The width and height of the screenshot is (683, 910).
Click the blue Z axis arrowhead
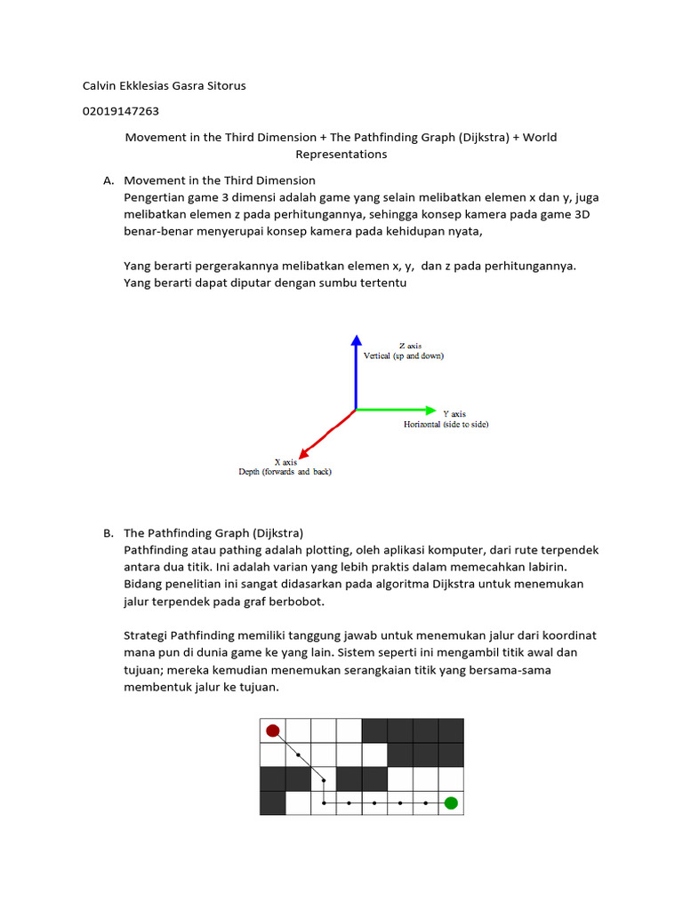pyautogui.click(x=356, y=340)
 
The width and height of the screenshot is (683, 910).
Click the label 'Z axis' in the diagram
pyautogui.click(x=410, y=345)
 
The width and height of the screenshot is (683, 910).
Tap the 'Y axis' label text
pyautogui.click(x=454, y=413)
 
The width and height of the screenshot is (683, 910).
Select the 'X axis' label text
pyautogui.click(x=285, y=462)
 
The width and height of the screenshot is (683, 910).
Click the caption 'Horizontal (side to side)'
pyautogui.click(x=446, y=425)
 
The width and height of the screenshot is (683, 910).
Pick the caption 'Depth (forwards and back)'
pyautogui.click(x=285, y=472)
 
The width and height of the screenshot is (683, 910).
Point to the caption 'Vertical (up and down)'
pyautogui.click(x=404, y=355)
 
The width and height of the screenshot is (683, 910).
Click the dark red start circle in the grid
pyautogui.click(x=272, y=730)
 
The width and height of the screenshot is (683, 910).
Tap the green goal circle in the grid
pyautogui.click(x=451, y=803)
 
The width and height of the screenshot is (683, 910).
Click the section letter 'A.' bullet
pyautogui.click(x=108, y=180)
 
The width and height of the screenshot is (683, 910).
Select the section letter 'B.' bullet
pyautogui.click(x=108, y=533)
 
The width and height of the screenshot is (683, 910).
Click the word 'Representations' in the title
pyautogui.click(x=341, y=154)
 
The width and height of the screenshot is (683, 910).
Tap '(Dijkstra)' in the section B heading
pyautogui.click(x=277, y=533)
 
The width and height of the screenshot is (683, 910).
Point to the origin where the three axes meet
pyautogui.click(x=356, y=410)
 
